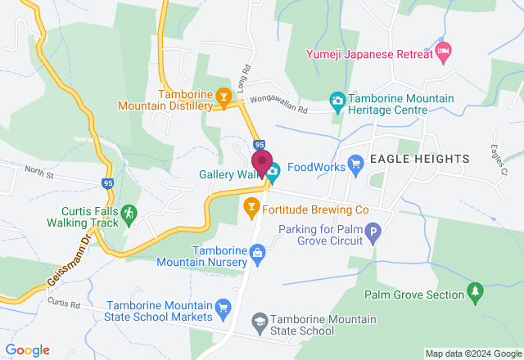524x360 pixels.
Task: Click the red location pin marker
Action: (262, 162)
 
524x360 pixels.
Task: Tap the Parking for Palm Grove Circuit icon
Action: (373, 236)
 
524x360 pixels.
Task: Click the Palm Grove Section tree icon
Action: (474, 291)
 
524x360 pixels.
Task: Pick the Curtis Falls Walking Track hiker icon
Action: (129, 214)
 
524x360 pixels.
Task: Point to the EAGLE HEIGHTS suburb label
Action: (418, 158)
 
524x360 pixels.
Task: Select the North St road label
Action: (38, 173)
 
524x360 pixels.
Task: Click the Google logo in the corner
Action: (27, 350)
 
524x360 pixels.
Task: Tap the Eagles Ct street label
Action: (499, 155)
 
